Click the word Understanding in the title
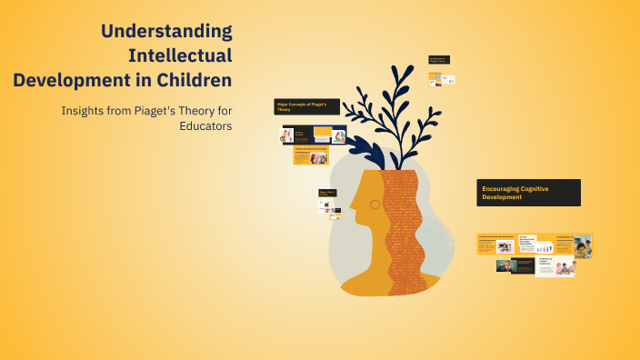[166, 32]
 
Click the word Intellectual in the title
[180, 56]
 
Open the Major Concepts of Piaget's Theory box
[307, 107]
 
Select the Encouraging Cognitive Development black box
[528, 192]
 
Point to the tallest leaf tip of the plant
[397, 69]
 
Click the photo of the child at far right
[582, 245]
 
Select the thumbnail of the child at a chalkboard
[506, 266]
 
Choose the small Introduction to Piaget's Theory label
[440, 60]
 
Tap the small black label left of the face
[328, 193]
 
